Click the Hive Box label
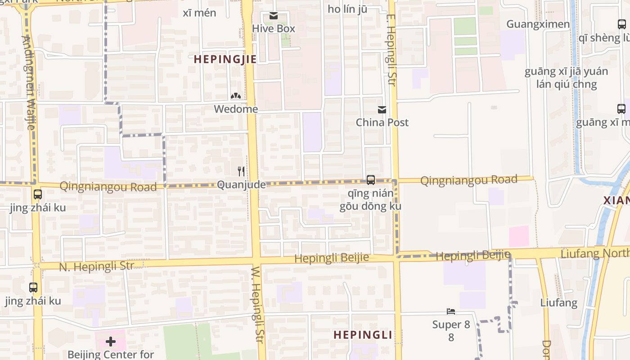point(274,28)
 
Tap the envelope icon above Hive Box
point(273,16)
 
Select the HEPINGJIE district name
point(225,59)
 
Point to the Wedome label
point(236,109)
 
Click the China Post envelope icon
point(382,110)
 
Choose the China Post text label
point(382,122)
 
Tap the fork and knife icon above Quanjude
point(241,171)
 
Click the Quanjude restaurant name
point(238,185)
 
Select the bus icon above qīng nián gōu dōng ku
point(371,180)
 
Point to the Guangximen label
point(538,24)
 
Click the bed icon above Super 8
point(451,311)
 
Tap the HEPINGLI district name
point(363,335)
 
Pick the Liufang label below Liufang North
point(558,302)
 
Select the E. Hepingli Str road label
point(391,49)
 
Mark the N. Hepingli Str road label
point(96,266)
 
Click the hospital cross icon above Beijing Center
point(111,342)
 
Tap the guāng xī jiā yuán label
point(566,72)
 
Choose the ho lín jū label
point(351,9)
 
